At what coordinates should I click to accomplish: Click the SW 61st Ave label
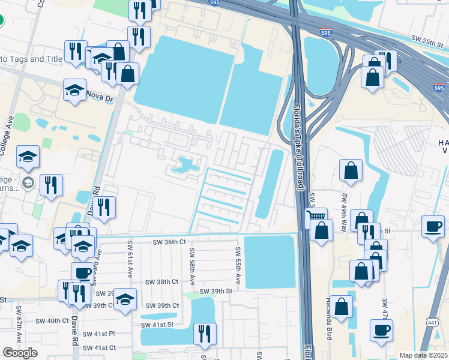[x=130, y=259]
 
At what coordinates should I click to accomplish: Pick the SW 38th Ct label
[x=163, y=281]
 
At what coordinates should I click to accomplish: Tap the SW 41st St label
[x=157, y=325]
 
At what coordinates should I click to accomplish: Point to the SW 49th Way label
[x=345, y=208]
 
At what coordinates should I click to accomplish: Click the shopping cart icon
[x=316, y=217]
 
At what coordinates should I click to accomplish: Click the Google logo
[x=20, y=353]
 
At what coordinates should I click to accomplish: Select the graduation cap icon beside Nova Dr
[x=74, y=91]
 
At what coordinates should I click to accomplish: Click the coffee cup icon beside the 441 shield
[x=381, y=331]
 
